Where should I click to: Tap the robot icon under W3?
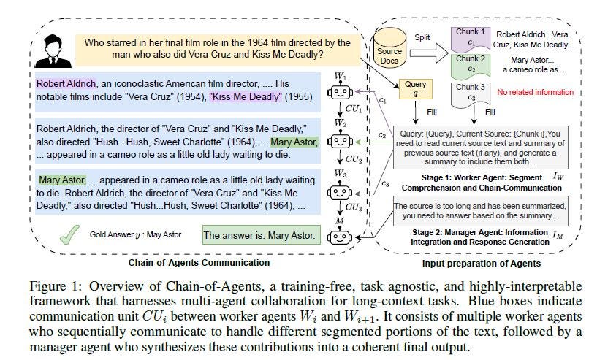(x=341, y=191)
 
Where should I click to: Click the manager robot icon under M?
(x=341, y=236)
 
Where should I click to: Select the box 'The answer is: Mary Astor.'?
(x=260, y=235)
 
